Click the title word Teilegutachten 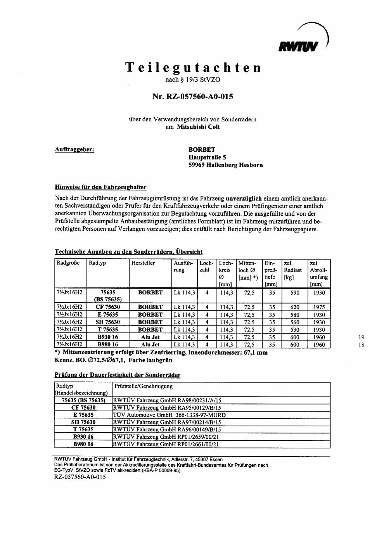(193, 68)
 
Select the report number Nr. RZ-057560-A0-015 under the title (193, 97)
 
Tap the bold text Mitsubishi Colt (198, 127)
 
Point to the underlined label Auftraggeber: (74, 149)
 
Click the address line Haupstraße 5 (207, 157)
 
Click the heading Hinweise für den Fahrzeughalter (100, 187)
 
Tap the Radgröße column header (68, 263)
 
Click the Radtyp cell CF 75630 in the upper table (108, 307)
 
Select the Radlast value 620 (295, 307)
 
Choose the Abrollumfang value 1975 (319, 307)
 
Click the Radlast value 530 (295, 330)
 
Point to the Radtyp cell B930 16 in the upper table (108, 337)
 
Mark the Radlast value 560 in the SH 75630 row (295, 322)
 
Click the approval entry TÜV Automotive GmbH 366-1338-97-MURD (169, 415)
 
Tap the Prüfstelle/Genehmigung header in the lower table (144, 386)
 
